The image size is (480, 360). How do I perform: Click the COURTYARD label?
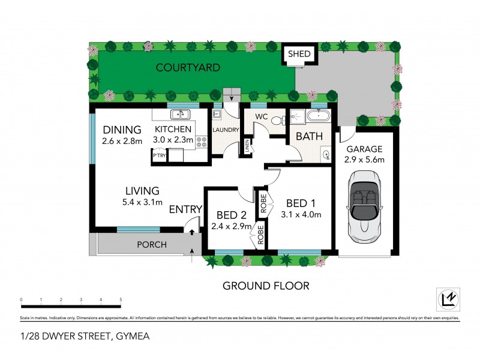tap(188, 67)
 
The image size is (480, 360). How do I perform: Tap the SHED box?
tap(299, 54)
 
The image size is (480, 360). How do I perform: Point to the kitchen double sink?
tap(179, 115)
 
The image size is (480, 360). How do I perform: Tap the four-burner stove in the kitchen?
tap(202, 142)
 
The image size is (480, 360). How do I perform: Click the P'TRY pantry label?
tap(159, 155)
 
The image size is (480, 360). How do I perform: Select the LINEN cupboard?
tap(246, 146)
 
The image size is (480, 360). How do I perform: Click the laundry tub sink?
tap(218, 113)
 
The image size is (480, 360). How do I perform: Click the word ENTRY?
tap(185, 209)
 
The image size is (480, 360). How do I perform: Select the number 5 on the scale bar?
tap(121, 299)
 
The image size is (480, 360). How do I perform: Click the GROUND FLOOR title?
tap(266, 286)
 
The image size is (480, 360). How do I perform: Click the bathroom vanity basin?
tap(326, 155)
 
